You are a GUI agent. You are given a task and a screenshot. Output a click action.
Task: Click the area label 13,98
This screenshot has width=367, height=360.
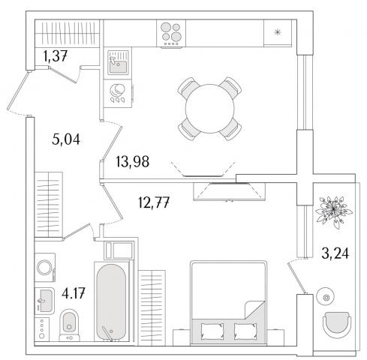[x=133, y=161]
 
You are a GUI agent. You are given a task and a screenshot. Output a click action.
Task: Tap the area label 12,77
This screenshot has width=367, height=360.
[x=154, y=202]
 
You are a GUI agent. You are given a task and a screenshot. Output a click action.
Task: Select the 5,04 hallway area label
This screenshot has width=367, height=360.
[x=66, y=139]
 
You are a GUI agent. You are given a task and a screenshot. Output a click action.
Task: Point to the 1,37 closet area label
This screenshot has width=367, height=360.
[x=56, y=55]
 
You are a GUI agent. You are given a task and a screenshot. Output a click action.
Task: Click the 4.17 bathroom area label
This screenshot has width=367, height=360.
[x=74, y=293]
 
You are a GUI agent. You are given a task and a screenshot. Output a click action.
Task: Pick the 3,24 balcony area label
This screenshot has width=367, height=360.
[x=335, y=253]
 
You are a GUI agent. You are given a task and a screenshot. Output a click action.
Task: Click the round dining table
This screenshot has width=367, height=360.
[x=209, y=109]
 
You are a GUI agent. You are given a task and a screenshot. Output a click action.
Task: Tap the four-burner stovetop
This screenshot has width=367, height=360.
[x=171, y=34]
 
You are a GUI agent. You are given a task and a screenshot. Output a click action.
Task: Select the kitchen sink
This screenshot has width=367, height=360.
[x=118, y=62]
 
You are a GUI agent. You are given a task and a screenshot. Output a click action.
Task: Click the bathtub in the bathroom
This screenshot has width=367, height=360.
[x=111, y=301]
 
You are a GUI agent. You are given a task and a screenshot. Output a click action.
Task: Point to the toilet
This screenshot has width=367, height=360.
[x=70, y=325]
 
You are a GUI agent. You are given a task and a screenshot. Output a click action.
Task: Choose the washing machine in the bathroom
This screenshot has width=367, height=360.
[x=45, y=267]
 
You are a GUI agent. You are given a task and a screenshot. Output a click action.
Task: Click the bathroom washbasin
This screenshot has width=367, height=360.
[x=44, y=301]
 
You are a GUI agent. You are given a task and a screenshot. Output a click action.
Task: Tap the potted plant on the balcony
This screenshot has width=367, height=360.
[x=333, y=211]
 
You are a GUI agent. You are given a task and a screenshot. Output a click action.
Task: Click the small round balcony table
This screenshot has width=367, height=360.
[x=326, y=298]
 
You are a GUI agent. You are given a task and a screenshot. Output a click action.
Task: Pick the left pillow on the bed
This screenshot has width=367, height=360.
[x=212, y=331]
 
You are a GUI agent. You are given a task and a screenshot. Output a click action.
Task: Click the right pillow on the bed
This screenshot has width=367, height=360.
[x=245, y=331]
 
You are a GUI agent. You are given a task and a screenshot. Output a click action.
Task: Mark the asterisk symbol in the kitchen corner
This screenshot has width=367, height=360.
[x=278, y=32]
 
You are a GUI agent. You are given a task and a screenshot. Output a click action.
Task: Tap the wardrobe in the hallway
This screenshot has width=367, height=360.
[x=49, y=205]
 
